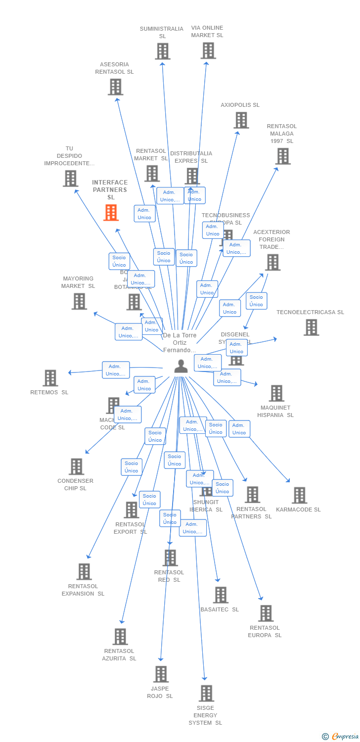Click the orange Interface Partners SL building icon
click(x=111, y=212)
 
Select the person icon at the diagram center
click(x=181, y=366)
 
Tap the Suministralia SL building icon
click(x=163, y=51)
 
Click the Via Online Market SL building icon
click(x=208, y=50)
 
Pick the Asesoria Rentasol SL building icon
click(x=115, y=87)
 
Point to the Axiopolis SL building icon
click(x=241, y=120)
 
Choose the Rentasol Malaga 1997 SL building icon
click(x=283, y=156)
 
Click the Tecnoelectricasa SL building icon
click(x=311, y=327)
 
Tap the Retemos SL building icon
click(x=50, y=378)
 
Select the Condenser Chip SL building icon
click(x=76, y=466)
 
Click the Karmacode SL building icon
click(x=299, y=495)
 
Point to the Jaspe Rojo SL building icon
click(x=161, y=674)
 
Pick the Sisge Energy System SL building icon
click(x=206, y=694)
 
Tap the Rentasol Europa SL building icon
click(x=266, y=613)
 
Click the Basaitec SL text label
click(x=220, y=609)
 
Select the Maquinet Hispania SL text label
click(x=275, y=412)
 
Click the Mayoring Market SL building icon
click(x=79, y=301)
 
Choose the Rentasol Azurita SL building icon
click(x=120, y=637)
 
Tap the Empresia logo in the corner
click(x=341, y=737)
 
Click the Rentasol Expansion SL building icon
click(x=84, y=572)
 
